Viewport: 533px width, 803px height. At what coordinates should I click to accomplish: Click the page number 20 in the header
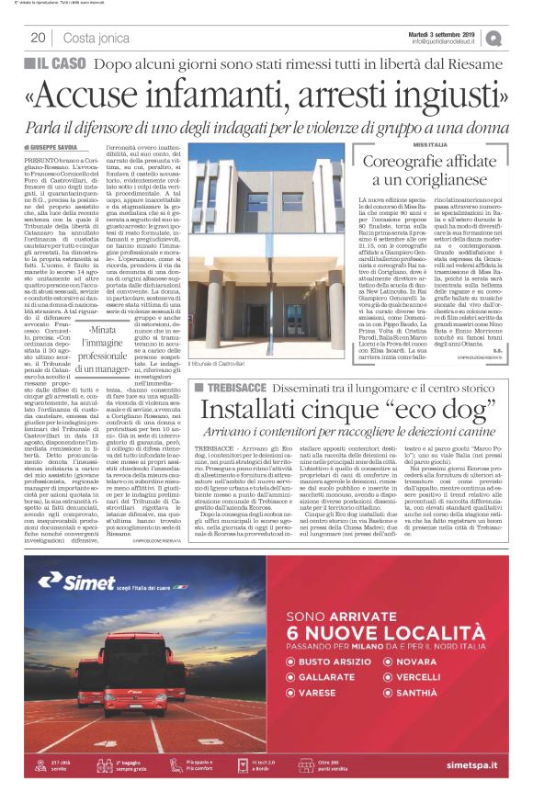click(38, 38)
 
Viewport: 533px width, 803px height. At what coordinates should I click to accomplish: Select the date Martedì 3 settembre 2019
click(440, 32)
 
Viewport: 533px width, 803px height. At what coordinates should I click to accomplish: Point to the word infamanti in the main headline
click(230, 92)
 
